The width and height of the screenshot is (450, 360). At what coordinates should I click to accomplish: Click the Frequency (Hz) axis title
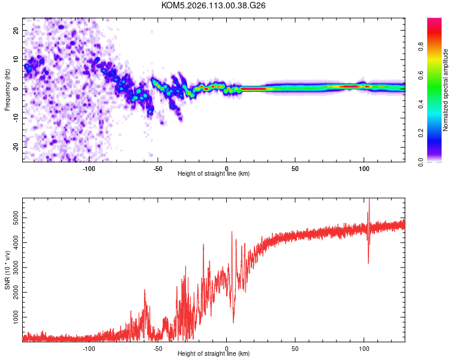(x=7, y=89)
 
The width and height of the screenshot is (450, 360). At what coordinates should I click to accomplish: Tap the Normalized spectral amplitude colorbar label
(x=446, y=90)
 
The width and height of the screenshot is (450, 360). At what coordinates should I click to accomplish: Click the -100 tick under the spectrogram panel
(x=89, y=169)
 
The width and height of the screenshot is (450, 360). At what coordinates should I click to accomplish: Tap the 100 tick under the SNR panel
(x=364, y=349)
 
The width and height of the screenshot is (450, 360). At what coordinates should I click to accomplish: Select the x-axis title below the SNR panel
(x=214, y=354)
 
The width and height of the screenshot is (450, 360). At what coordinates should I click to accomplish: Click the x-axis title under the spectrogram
(x=214, y=174)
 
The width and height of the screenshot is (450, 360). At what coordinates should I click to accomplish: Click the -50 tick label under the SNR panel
(x=158, y=349)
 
